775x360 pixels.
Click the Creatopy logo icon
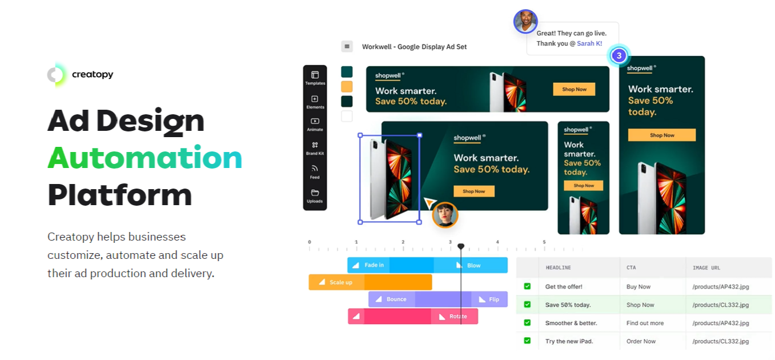[x=57, y=75]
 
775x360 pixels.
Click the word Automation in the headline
[x=145, y=158]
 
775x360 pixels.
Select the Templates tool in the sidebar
[x=315, y=78]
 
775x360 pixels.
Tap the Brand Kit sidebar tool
[x=315, y=148]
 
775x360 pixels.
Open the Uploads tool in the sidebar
[x=315, y=195]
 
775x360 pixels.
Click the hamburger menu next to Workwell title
[x=347, y=46]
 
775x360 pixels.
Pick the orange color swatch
[x=347, y=86]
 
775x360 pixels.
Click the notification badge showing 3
[x=619, y=55]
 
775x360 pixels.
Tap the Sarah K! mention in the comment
[x=589, y=43]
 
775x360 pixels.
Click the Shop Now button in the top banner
[x=574, y=89]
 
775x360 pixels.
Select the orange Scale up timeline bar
[x=370, y=282]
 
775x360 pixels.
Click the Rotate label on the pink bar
[x=457, y=317]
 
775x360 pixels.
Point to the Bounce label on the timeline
[x=396, y=299]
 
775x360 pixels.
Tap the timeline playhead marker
[x=461, y=247]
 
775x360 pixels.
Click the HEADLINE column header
[x=558, y=267]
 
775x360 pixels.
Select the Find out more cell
[x=645, y=323]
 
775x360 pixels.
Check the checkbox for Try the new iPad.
[x=527, y=341]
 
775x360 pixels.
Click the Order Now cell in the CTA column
[x=641, y=341]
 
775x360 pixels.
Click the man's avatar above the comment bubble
[x=525, y=22]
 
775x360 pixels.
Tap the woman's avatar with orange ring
[x=445, y=215]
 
